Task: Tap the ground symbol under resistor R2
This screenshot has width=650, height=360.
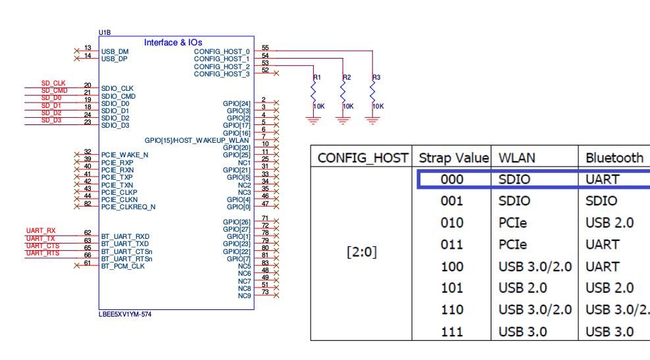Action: click(x=343, y=120)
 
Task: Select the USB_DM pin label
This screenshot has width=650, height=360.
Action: click(x=115, y=51)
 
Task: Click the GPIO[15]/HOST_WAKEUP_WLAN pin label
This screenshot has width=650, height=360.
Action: click(x=197, y=140)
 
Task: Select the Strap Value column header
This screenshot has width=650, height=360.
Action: click(x=455, y=158)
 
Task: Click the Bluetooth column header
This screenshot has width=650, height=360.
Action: click(x=614, y=158)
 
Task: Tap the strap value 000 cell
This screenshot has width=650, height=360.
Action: click(x=453, y=179)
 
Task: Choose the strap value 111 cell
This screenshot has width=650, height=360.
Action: click(x=453, y=331)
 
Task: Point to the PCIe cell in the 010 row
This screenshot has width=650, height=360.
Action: click(x=514, y=222)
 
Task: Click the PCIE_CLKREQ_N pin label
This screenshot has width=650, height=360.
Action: click(x=128, y=207)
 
